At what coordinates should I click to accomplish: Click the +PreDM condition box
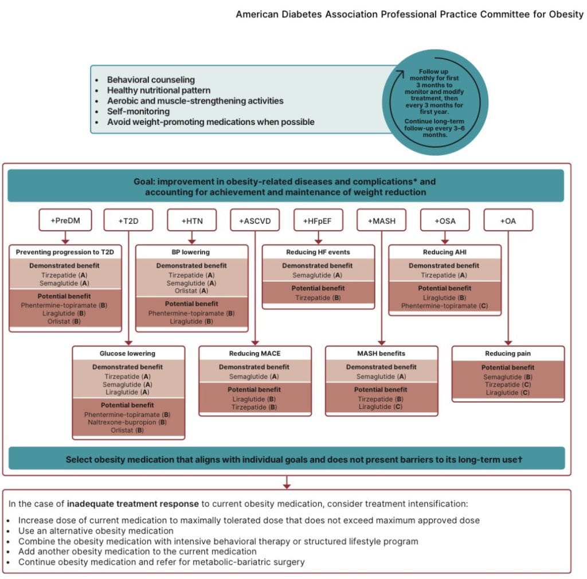point(65,220)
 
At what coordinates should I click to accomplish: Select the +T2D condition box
point(128,220)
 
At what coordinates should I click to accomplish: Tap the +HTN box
point(192,220)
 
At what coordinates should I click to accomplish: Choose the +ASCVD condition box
point(255,220)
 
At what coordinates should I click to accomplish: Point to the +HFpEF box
point(318,220)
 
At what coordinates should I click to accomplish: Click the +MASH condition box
point(381,220)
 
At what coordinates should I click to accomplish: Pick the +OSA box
point(445,220)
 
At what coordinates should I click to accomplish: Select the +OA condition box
point(508,220)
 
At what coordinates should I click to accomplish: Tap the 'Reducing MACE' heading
point(255,353)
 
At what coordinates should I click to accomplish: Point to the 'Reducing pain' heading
point(508,353)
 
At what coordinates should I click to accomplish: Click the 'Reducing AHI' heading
point(445,252)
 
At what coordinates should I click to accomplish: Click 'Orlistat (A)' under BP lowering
point(192,290)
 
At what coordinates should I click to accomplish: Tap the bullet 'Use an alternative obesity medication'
point(96,531)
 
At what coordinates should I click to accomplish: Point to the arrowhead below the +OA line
point(508,342)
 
